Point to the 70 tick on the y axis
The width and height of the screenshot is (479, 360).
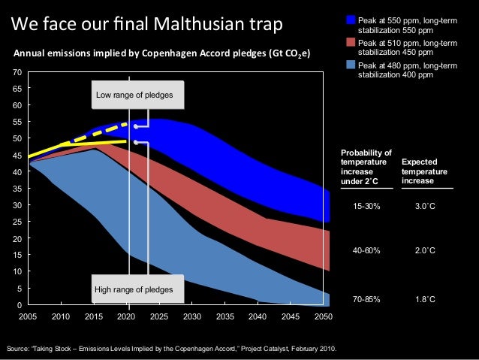click(x=17, y=72)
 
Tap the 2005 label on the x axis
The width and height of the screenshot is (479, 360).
click(x=28, y=317)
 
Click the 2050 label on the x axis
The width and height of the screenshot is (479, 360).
click(x=324, y=317)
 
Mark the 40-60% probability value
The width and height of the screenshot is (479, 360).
click(x=367, y=252)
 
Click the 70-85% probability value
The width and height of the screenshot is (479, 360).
click(x=367, y=299)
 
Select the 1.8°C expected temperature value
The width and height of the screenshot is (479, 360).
click(x=426, y=299)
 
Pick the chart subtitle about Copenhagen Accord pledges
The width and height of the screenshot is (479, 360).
click(x=159, y=54)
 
